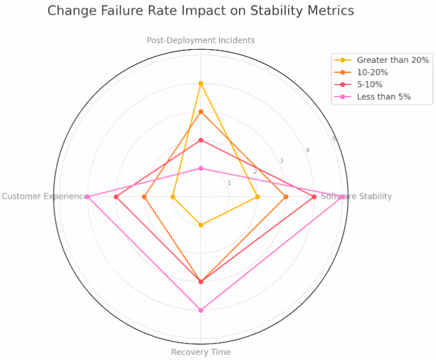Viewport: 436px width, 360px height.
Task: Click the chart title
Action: tap(201, 11)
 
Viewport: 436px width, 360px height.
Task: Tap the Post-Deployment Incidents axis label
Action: tap(201, 40)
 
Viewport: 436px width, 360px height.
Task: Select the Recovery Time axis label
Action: tap(201, 352)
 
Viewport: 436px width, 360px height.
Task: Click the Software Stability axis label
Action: tap(356, 197)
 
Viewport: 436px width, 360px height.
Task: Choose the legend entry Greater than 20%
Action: tap(393, 60)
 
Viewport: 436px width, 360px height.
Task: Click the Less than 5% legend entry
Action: tap(383, 97)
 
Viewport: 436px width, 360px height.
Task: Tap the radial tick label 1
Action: tap(229, 183)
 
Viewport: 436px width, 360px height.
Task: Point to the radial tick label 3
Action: tap(281, 161)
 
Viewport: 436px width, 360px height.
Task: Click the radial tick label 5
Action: tap(334, 139)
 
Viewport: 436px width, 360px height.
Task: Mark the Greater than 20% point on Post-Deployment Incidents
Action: tap(201, 83)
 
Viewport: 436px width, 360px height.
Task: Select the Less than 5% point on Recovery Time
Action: tap(201, 310)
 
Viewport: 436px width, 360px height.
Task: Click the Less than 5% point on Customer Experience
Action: tap(88, 197)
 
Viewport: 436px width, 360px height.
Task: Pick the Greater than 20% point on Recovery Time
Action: tap(201, 225)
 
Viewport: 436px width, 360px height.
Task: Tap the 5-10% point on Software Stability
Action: tap(314, 197)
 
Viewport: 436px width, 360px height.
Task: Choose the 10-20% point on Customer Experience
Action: tap(144, 197)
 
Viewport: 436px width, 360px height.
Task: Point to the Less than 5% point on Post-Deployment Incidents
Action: tap(201, 168)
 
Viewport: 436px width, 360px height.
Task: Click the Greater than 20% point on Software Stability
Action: tap(257, 197)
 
